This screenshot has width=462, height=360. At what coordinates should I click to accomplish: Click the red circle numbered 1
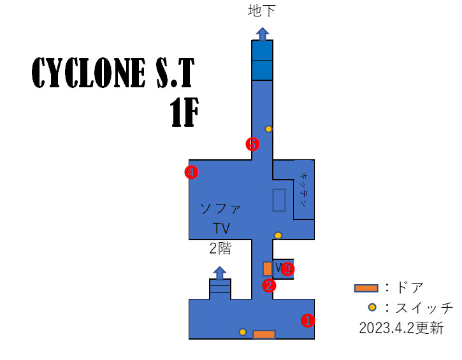(x=308, y=320)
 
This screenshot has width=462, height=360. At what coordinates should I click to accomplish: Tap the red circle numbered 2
(x=269, y=285)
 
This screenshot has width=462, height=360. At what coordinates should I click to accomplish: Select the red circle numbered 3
(x=287, y=269)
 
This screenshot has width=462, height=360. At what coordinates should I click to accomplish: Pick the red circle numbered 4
(x=191, y=172)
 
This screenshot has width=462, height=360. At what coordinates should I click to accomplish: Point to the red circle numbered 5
(x=252, y=144)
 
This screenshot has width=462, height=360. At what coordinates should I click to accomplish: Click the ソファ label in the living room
(x=220, y=208)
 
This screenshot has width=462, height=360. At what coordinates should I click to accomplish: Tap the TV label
(x=221, y=229)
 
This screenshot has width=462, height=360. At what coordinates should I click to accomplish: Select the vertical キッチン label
(x=303, y=189)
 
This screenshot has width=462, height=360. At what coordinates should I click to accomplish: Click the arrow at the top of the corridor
(x=263, y=34)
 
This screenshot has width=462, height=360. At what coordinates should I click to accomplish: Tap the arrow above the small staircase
(x=220, y=273)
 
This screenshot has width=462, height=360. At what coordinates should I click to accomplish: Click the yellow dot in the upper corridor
(x=268, y=129)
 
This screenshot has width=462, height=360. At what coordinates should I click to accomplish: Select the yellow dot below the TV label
(x=278, y=235)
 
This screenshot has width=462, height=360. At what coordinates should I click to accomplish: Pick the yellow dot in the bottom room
(x=243, y=332)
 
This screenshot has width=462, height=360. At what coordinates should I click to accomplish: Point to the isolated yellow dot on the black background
(x=372, y=307)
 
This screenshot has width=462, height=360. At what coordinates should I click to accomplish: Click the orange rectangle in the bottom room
(x=264, y=335)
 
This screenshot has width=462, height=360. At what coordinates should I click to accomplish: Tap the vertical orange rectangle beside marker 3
(x=268, y=269)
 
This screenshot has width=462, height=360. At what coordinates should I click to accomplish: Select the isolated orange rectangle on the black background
(x=366, y=288)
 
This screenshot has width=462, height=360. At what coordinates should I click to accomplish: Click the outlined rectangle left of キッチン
(x=279, y=200)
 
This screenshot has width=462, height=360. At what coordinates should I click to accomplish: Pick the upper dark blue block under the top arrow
(x=262, y=50)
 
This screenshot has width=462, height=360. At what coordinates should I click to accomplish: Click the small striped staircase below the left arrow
(x=220, y=289)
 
